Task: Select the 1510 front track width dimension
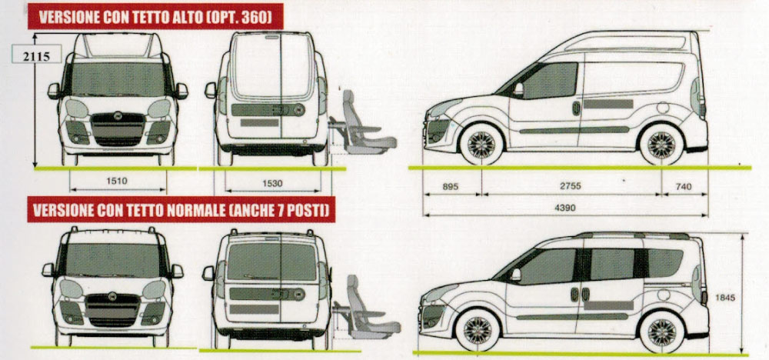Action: tap(118, 182)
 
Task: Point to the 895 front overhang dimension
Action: tap(451, 187)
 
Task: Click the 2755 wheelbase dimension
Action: tap(570, 187)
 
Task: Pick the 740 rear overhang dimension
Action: tap(684, 187)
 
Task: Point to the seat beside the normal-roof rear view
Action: tap(365, 308)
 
